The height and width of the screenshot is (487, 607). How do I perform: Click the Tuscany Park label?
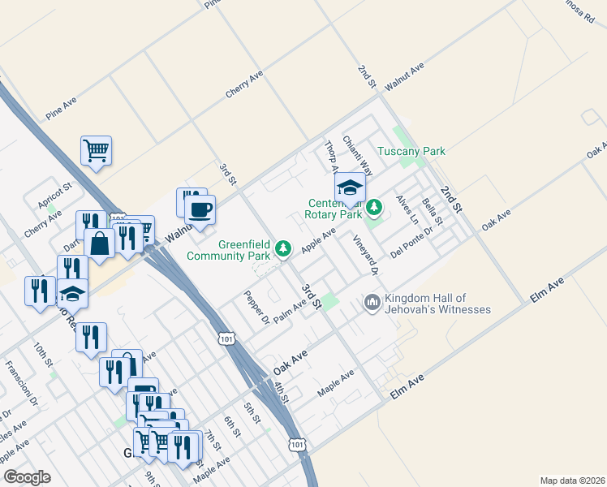(x=411, y=151)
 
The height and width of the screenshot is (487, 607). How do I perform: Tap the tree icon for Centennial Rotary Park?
(x=373, y=208)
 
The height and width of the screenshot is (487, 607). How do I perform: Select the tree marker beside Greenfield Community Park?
(x=283, y=248)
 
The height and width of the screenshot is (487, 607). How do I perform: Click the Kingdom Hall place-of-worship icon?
(x=372, y=302)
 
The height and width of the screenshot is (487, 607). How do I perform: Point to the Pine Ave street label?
(x=62, y=106)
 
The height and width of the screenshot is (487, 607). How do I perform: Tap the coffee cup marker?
(x=200, y=211)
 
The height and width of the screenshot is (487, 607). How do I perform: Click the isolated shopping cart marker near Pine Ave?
(x=96, y=150)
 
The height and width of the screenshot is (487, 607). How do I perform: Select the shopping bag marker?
(x=99, y=243)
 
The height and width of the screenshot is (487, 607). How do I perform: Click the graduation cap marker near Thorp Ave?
(x=350, y=187)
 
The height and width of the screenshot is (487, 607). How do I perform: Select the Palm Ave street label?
(x=290, y=311)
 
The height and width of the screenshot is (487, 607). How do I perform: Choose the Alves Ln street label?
(x=407, y=209)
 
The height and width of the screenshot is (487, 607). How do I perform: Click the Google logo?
(x=28, y=477)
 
